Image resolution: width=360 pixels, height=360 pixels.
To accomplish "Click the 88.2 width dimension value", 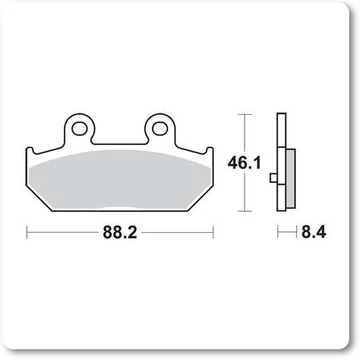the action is [120, 232].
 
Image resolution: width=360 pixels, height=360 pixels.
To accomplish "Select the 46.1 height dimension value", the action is [244, 163].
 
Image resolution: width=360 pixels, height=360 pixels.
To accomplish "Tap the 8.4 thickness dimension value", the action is [314, 232].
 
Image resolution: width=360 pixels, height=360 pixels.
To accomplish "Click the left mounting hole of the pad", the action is [79, 128].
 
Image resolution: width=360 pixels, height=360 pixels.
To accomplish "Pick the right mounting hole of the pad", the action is [160, 128].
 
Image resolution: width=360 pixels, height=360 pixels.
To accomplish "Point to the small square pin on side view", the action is [273, 178].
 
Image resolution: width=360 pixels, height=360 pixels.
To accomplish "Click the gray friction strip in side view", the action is [291, 178].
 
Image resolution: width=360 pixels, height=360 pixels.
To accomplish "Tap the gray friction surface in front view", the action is [120, 180].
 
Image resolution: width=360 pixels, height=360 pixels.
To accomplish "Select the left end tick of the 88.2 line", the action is [27, 232].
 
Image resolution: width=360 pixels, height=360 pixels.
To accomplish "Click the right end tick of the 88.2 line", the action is [213, 232].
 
